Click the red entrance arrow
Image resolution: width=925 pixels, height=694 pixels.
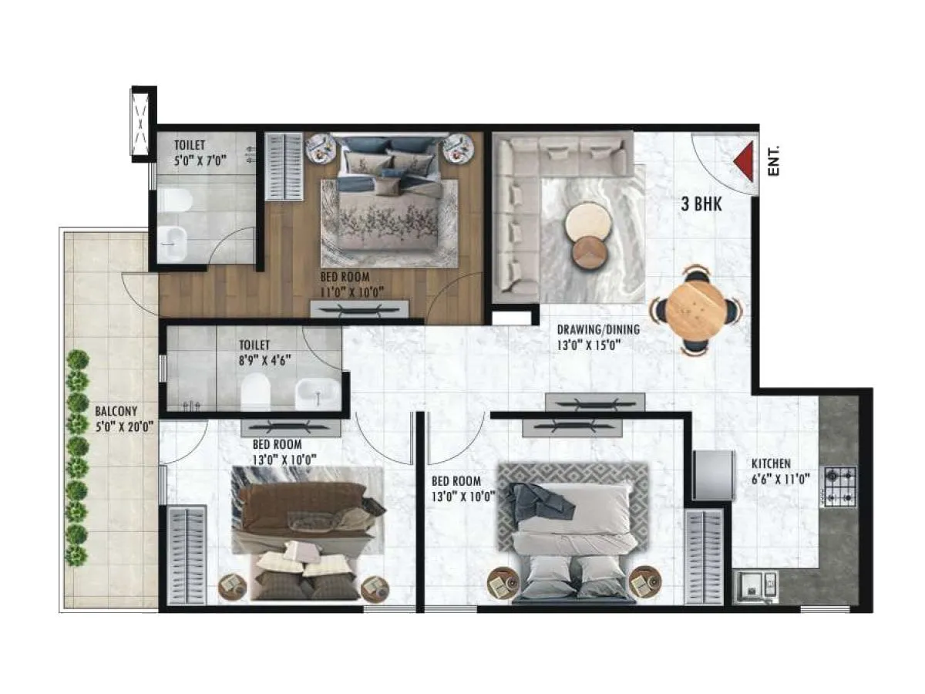click(x=744, y=163)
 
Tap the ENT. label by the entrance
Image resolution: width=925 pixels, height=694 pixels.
click(x=774, y=160)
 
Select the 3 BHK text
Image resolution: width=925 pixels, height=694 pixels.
click(x=701, y=204)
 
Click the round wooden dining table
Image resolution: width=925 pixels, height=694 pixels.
click(x=697, y=311)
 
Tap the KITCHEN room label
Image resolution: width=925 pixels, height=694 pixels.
click(x=771, y=463)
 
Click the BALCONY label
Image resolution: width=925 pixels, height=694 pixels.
click(x=116, y=411)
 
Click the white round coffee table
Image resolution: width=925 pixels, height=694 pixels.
click(x=588, y=224)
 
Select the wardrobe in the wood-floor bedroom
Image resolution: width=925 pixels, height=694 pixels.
click(x=284, y=167)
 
